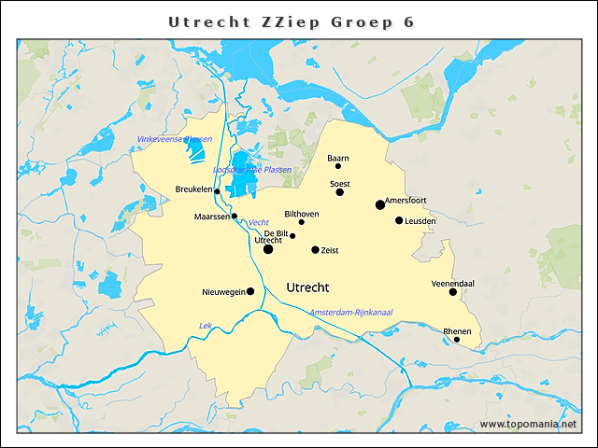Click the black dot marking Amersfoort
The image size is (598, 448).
(x=380, y=204)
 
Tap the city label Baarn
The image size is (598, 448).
(x=338, y=158)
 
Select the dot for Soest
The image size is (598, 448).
(x=340, y=191)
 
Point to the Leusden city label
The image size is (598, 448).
(x=420, y=220)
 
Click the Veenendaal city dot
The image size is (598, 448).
(x=453, y=292)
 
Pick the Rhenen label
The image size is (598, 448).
(x=457, y=330)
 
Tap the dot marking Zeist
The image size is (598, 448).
(x=315, y=250)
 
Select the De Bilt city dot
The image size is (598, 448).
(x=292, y=235)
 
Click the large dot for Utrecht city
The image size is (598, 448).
(x=268, y=249)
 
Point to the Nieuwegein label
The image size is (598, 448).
(x=223, y=292)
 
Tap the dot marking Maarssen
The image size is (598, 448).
(x=235, y=216)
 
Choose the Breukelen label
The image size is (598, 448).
(x=193, y=189)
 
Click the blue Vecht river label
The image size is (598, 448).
(x=259, y=222)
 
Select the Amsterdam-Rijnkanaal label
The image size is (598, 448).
(x=350, y=311)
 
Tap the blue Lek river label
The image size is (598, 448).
(x=206, y=325)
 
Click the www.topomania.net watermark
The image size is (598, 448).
(x=528, y=424)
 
